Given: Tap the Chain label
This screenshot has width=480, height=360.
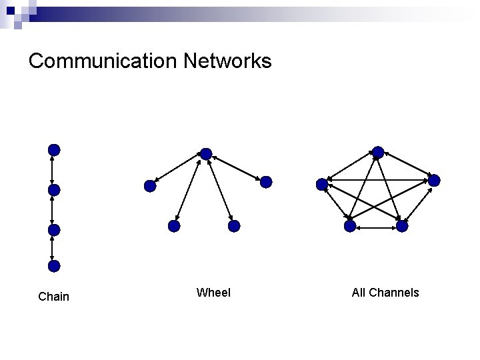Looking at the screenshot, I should [x=54, y=297].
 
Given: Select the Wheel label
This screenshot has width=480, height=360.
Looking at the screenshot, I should [x=213, y=293].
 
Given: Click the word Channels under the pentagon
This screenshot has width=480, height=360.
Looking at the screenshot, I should [x=393, y=293].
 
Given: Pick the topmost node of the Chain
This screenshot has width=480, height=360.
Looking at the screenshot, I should [x=54, y=150].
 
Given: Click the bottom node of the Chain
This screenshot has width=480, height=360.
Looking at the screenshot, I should [x=54, y=266].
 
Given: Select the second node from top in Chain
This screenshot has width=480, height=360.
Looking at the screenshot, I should [x=54, y=190].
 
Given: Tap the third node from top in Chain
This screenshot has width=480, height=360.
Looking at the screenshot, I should [x=54, y=230].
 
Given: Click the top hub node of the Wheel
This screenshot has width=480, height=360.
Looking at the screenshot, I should [x=206, y=154].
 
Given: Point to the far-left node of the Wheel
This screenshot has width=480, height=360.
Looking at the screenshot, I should [x=150, y=187].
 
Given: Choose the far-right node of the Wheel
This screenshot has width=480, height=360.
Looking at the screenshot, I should [x=265, y=182].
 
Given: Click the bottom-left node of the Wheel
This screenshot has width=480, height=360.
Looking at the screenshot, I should [x=174, y=226].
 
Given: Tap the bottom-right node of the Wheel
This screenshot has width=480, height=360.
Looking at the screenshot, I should [x=233, y=226].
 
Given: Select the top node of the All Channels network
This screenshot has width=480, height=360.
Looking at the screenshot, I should [x=378, y=152].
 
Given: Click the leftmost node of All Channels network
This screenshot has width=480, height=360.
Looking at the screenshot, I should [x=322, y=183].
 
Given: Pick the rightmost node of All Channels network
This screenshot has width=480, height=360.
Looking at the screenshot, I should [x=434, y=181].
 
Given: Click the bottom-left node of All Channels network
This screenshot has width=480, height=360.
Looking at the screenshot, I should [x=350, y=226].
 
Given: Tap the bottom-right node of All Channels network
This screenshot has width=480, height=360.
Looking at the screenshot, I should [x=402, y=226].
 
